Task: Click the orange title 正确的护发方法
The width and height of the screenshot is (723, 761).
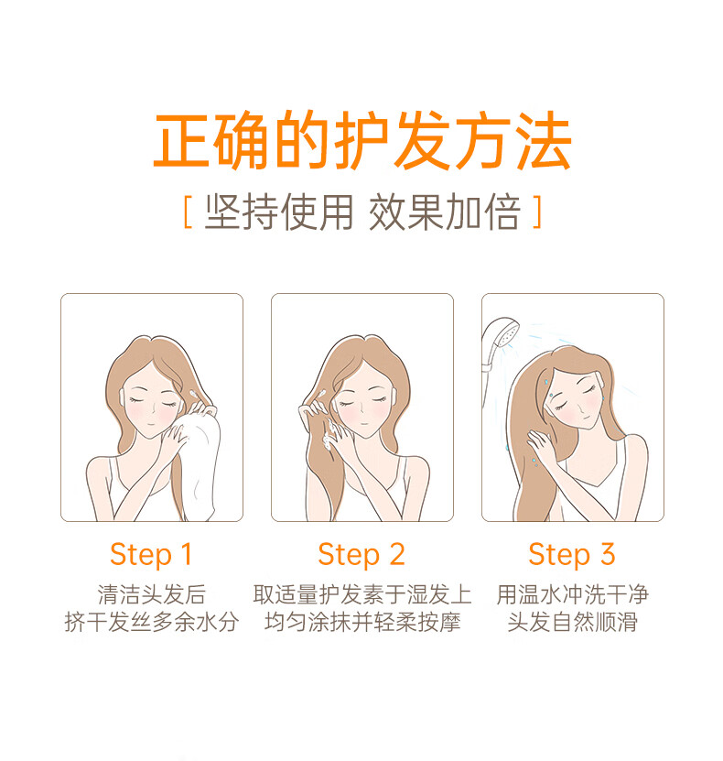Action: pos(362,141)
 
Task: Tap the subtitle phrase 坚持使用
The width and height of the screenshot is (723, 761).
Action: pos(279,212)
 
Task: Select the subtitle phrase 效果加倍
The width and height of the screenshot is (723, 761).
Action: pos(445,212)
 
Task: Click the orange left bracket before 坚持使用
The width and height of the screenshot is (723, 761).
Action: pos(189,212)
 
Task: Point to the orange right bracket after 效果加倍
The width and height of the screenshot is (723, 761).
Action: pos(536,212)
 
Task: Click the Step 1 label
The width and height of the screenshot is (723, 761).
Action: pos(151,555)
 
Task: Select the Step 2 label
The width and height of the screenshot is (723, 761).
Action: pos(361,555)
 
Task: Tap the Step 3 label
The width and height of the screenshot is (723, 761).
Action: pos(572,555)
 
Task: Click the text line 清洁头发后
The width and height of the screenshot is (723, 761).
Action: pos(151,594)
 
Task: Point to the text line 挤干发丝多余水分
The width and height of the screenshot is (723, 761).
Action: pos(152,622)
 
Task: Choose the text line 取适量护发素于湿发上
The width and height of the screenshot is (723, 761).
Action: pos(362,594)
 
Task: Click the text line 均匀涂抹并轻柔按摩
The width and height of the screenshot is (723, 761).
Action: pos(362,622)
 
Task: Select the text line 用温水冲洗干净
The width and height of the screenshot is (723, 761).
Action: pos(573,594)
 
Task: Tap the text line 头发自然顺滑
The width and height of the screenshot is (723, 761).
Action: pos(573,622)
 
